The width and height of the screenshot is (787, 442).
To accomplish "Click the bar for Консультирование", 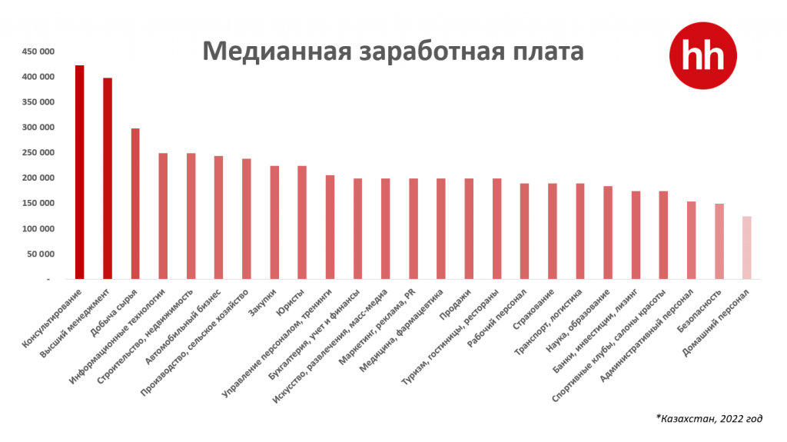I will (x=79, y=172).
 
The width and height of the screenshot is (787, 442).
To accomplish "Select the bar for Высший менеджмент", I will (x=108, y=178).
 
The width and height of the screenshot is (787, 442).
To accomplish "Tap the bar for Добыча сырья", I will (x=135, y=204).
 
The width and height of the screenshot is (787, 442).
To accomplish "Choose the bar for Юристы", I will (x=302, y=222).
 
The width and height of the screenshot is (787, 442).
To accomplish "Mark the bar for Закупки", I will (x=274, y=222).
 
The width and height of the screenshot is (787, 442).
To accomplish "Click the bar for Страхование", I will (x=552, y=231).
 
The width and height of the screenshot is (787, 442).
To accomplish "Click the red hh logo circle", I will (x=702, y=55).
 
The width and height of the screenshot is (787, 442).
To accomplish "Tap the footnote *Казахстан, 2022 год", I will (x=709, y=419).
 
